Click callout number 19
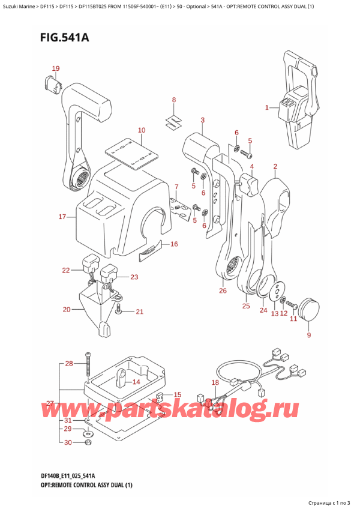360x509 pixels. click(55, 68)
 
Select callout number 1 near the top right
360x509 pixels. click(267, 108)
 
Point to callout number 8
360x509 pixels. click(173, 100)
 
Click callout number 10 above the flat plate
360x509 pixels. click(141, 130)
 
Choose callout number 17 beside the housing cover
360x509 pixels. click(62, 217)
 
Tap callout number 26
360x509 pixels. click(223, 291)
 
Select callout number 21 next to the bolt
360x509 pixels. click(140, 311)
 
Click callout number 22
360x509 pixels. click(65, 271)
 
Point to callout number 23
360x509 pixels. click(134, 277)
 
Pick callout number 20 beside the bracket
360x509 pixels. click(67, 310)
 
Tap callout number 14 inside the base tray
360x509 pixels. click(136, 381)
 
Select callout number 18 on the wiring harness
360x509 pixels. click(215, 382)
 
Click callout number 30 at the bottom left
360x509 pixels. click(68, 442)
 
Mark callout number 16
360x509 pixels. click(174, 244)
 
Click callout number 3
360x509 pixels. click(203, 120)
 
